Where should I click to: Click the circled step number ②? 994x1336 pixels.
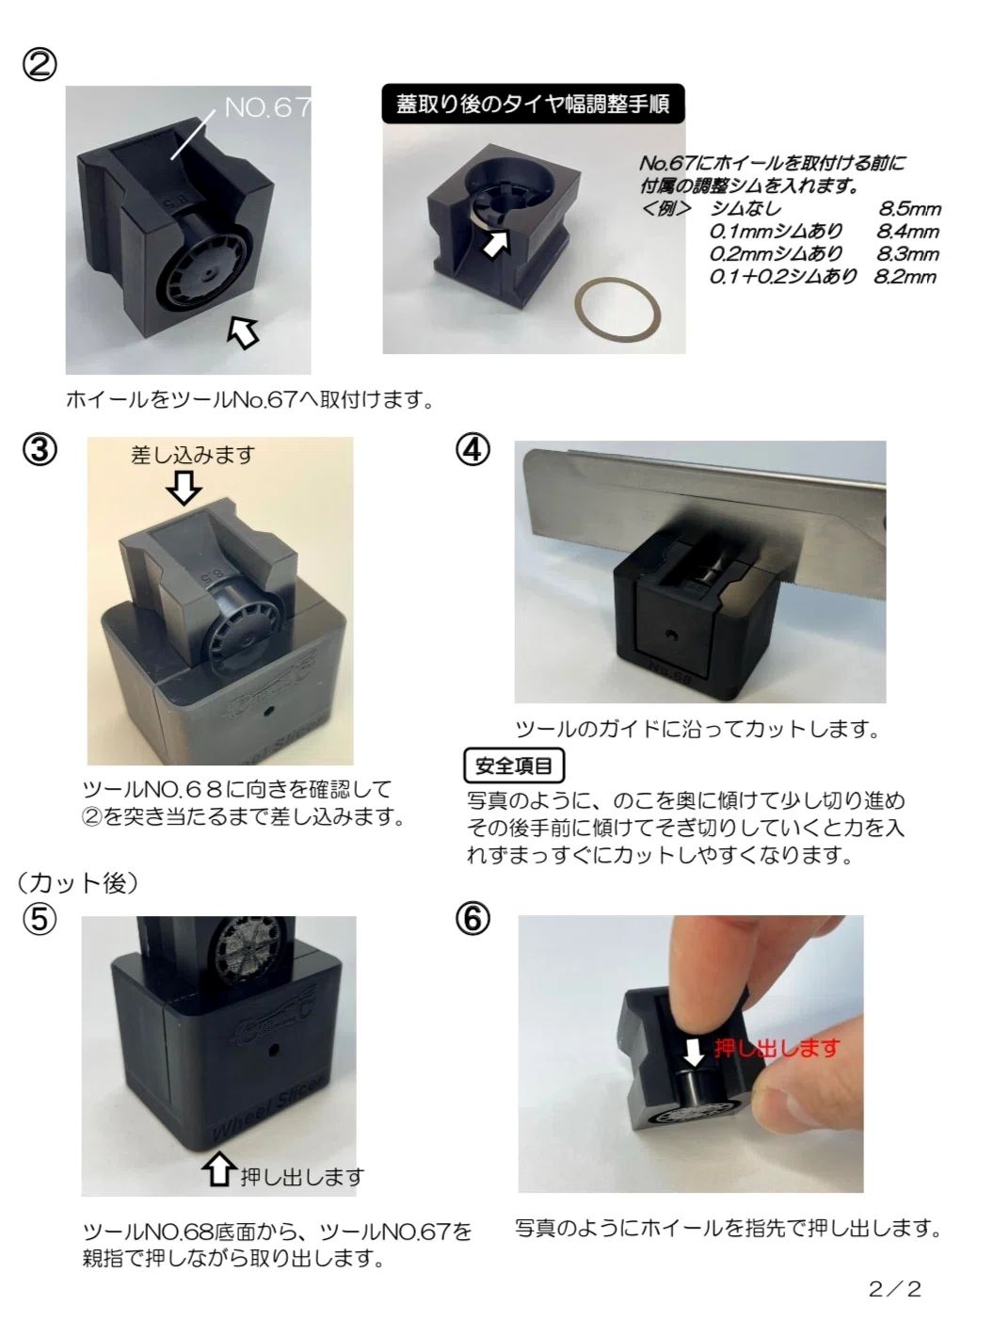point(40,65)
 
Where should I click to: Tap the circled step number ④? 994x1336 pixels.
point(473,450)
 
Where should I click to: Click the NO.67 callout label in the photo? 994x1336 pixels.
point(267,108)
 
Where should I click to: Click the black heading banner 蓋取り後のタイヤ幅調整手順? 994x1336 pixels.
point(533,105)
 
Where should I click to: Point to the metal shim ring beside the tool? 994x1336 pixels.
point(617,314)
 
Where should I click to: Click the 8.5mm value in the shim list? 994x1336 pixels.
point(909,209)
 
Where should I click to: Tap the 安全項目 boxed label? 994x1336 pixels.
point(514,766)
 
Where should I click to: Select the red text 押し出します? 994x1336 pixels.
point(778,1048)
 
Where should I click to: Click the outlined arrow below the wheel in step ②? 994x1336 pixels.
point(244,332)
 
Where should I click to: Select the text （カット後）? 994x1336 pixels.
point(78,883)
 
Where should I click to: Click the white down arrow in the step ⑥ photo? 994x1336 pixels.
point(695,1052)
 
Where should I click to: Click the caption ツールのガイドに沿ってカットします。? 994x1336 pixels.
point(697,730)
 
